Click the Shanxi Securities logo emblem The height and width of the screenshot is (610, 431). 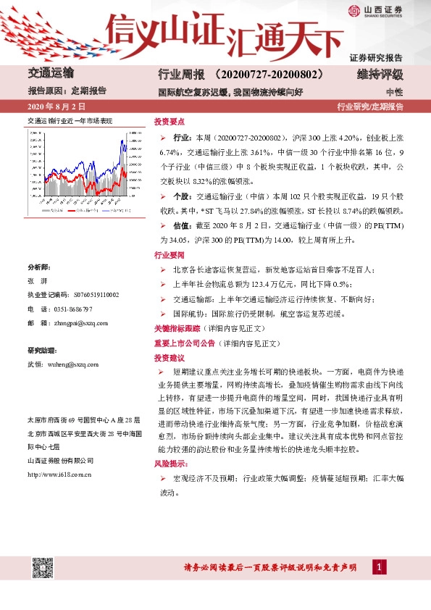pos(353,10)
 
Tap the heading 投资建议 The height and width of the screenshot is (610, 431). pos(170,358)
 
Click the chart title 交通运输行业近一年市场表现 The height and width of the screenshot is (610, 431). pos(70,121)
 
